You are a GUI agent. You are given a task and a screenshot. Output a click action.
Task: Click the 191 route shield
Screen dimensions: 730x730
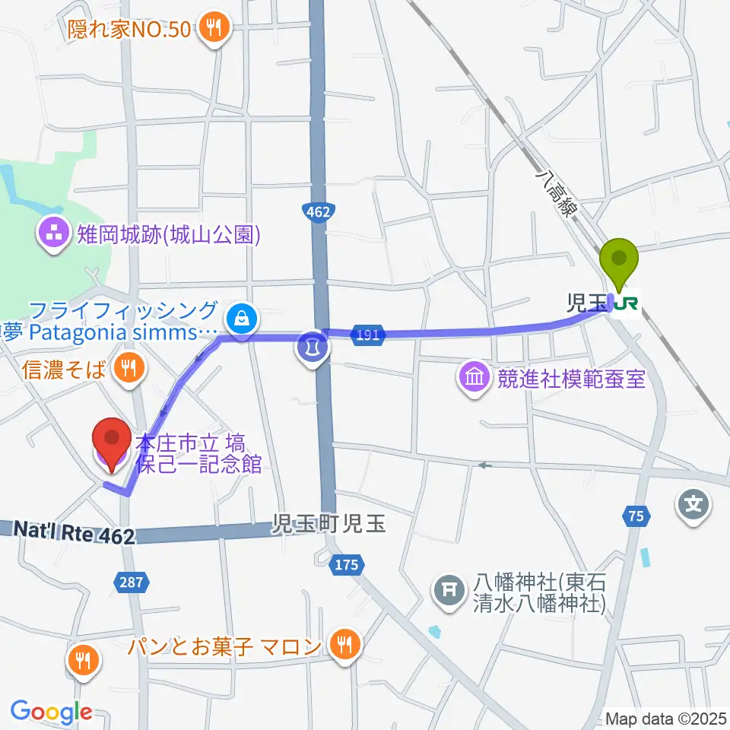pyautogui.click(x=367, y=335)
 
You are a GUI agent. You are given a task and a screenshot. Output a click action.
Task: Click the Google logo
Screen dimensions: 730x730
pyautogui.click(x=51, y=712)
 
